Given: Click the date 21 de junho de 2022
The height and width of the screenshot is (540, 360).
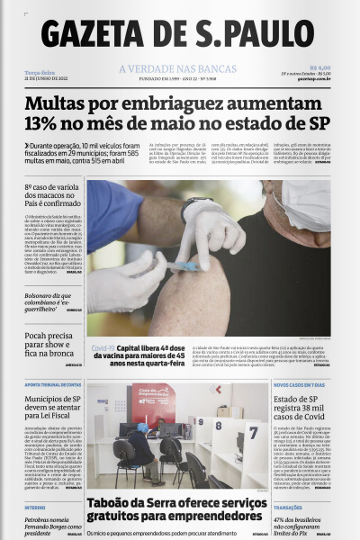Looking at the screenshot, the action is coord(48,79).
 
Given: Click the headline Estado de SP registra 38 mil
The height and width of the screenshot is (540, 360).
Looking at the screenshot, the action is coord(302,404).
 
